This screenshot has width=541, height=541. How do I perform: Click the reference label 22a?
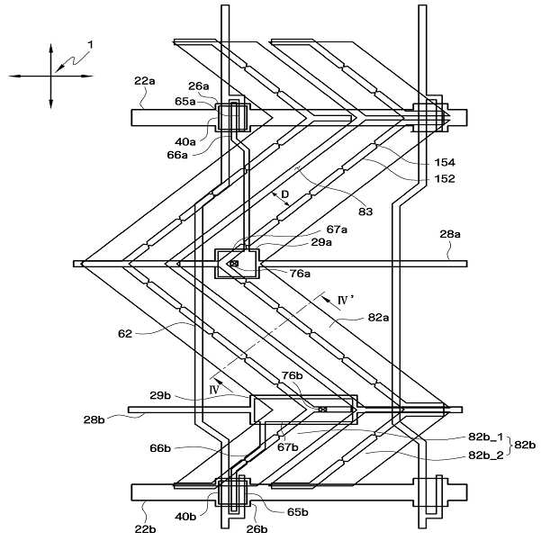145,80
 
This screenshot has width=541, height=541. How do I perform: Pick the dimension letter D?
284,194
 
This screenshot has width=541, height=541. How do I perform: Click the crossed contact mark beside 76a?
234,264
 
